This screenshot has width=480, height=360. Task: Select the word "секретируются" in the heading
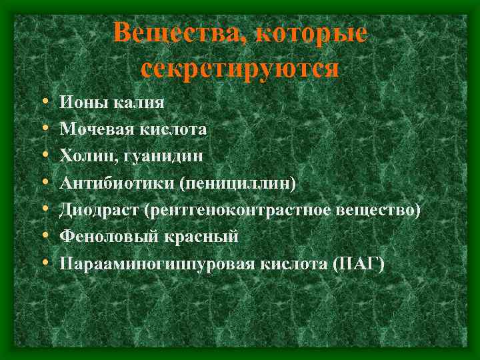point(240,68)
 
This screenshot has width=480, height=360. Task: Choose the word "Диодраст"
point(97,210)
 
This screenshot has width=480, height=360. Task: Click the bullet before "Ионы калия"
point(43,103)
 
